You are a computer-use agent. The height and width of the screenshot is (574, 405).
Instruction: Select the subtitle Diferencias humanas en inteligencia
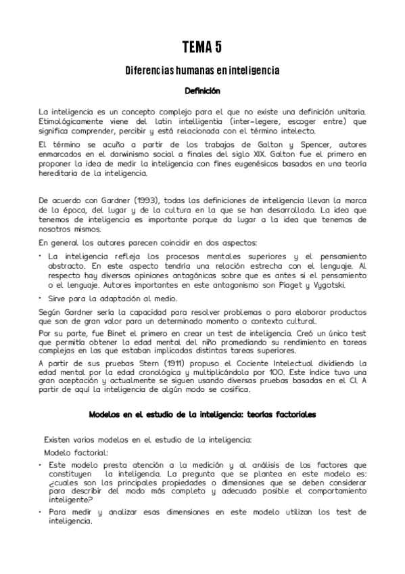pyautogui.click(x=202, y=70)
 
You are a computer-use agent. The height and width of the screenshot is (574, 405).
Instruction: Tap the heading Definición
pyautogui.click(x=202, y=90)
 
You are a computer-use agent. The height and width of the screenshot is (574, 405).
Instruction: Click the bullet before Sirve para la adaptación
pyautogui.click(x=41, y=297)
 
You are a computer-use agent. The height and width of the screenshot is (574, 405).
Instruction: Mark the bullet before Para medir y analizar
pyautogui.click(x=41, y=512)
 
